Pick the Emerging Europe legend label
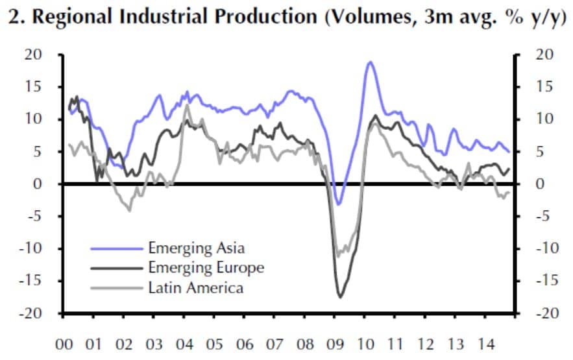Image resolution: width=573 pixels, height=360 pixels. coord(206,267)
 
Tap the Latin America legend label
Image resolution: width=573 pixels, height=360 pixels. coord(196,287)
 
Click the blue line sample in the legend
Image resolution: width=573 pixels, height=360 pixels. coord(116,248)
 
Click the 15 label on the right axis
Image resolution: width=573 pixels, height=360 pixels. coord(541,87)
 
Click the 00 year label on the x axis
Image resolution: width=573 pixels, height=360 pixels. coord(64,343)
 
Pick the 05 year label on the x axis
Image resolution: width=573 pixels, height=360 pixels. coord(215,343)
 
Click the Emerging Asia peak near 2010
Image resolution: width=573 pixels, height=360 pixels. coord(370,62)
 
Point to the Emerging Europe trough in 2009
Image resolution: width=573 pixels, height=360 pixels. coord(340,297)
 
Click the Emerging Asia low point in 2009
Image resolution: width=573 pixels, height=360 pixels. coord(337,204)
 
